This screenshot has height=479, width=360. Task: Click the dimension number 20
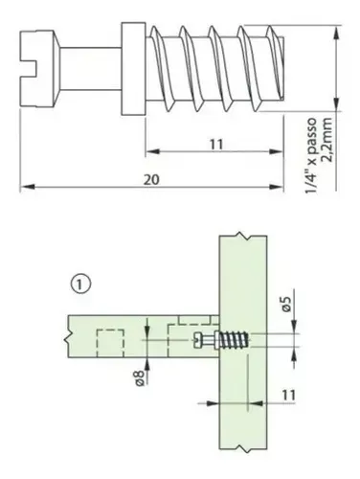coord(151,180)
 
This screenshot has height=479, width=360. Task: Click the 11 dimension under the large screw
coord(216,145)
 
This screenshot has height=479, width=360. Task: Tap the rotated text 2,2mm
coord(327,140)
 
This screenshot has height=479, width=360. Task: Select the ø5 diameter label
coord(287,304)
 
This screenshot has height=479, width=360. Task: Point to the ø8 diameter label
coord(140,378)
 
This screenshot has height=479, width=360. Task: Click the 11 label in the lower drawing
coord(288,395)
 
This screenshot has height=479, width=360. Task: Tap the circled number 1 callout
coord(80,284)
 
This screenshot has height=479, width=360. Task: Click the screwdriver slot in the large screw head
coord(28,68)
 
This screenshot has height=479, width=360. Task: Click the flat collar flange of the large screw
coord(133,68)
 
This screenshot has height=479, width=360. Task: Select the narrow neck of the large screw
coord(91,68)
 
